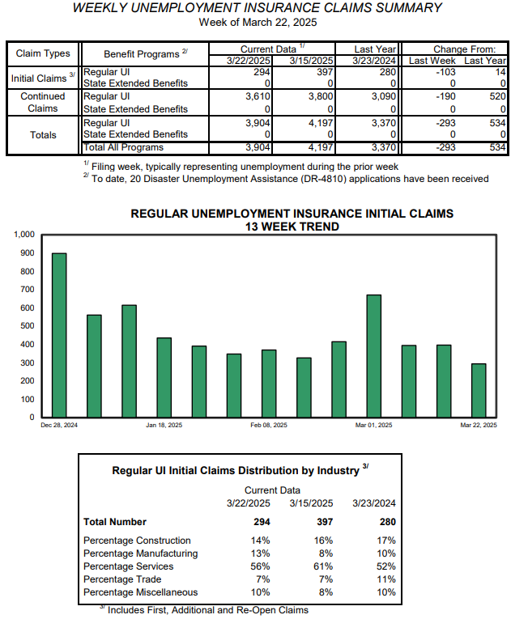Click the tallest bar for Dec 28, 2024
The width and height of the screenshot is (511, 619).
59,335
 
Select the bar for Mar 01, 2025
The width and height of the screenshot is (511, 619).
374,356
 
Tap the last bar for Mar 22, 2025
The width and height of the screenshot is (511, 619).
479,391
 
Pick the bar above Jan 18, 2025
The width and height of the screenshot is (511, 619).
164,377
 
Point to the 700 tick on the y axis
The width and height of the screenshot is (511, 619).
28,290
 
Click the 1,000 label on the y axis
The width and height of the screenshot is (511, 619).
24,235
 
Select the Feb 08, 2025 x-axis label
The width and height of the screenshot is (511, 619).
269,425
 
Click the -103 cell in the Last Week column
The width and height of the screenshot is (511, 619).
445,72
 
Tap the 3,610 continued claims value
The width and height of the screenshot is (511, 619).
258,96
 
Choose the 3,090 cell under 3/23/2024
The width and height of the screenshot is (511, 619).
383,96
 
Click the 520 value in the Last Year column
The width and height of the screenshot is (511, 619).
497,96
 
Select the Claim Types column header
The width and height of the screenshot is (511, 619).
43,53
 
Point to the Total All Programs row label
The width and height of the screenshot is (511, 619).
123,147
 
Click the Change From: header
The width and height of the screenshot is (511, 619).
464,49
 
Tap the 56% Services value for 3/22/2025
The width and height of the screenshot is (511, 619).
260,566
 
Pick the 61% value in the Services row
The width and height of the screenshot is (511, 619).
323,566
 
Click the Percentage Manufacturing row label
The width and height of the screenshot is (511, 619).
141,553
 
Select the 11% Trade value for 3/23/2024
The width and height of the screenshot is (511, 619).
386,579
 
